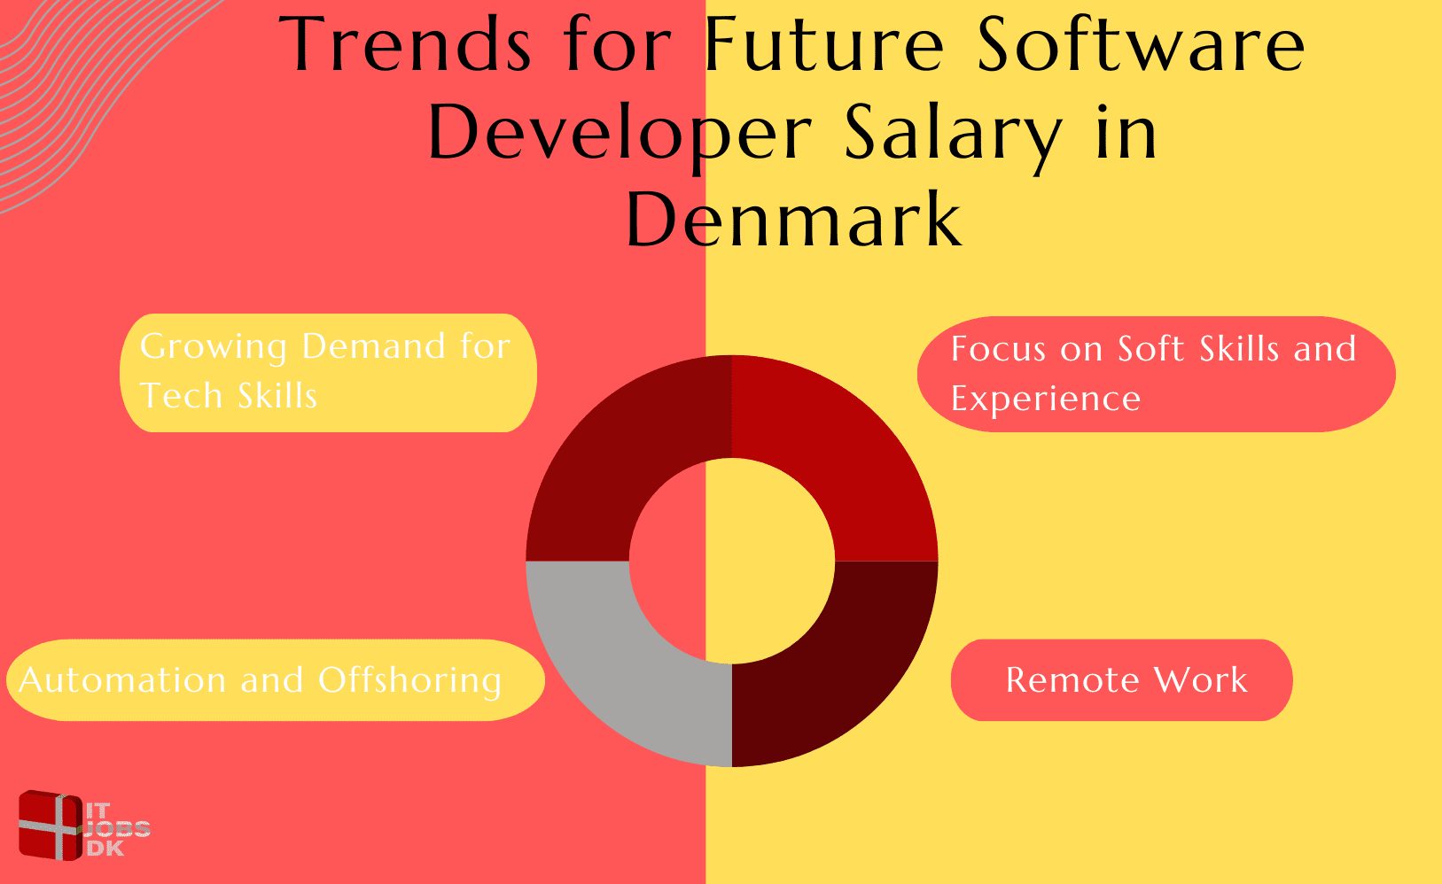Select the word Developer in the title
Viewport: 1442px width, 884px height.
(x=619, y=133)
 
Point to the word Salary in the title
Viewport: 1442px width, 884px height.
(x=953, y=133)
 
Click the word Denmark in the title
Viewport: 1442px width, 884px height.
(x=794, y=220)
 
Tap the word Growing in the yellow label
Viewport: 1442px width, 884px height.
(x=214, y=347)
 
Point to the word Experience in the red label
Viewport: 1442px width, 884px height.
(x=1046, y=399)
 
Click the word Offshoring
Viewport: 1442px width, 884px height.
(x=410, y=680)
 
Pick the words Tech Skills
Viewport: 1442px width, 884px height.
(x=229, y=396)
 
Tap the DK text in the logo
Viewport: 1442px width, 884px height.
(x=106, y=849)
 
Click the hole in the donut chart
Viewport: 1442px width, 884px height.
(x=732, y=561)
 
